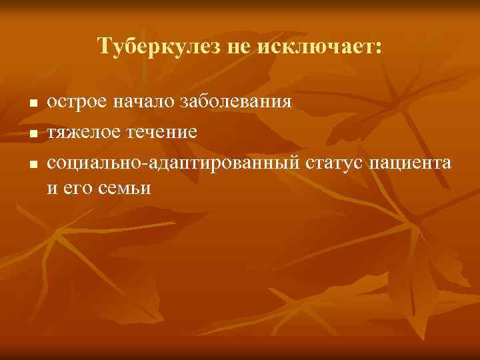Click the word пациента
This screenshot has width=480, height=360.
pos(414,162)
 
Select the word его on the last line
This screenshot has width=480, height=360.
pos(76,189)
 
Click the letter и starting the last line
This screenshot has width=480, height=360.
pos(52,189)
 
